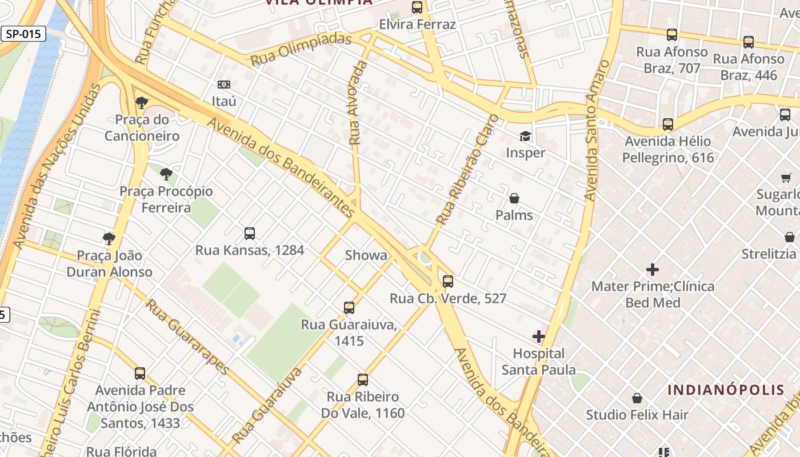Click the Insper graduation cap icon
click(x=525, y=136)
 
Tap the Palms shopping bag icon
click(x=514, y=198)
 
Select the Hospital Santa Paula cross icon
click(x=539, y=336)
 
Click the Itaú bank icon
click(x=224, y=85)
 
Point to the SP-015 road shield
click(x=23, y=34)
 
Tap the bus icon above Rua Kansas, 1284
click(x=250, y=233)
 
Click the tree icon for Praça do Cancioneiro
click(x=142, y=103)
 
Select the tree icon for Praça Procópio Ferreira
click(x=166, y=174)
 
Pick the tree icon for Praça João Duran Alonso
click(x=109, y=238)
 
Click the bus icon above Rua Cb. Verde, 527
click(x=448, y=282)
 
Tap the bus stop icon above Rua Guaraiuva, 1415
click(x=349, y=308)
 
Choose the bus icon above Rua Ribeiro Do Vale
click(x=362, y=380)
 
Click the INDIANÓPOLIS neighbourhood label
click(x=726, y=390)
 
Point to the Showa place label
click(x=366, y=255)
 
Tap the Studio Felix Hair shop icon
click(x=637, y=398)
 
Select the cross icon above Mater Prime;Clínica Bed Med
click(x=653, y=269)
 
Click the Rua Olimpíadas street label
click(x=301, y=49)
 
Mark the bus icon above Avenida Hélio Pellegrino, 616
click(x=667, y=125)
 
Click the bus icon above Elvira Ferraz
click(x=417, y=7)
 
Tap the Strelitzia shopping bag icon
click(x=790, y=237)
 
